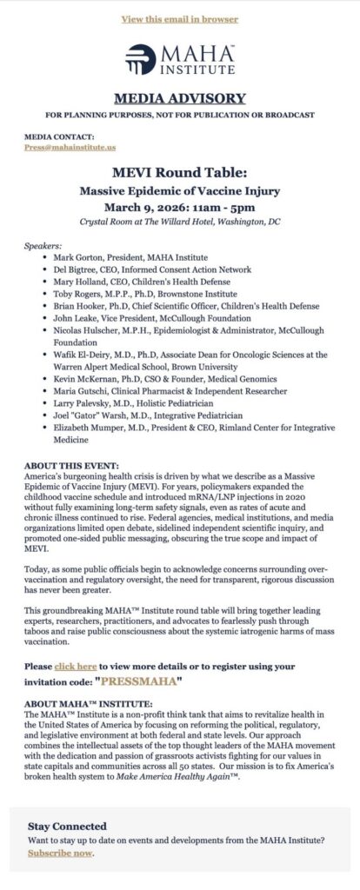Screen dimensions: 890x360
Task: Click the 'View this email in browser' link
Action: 179,18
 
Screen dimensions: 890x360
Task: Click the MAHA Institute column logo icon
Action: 142,59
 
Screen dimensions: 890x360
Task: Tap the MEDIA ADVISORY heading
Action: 180,97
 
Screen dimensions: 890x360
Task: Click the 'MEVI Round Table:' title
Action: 179,171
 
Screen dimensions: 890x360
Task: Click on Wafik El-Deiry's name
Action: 83,355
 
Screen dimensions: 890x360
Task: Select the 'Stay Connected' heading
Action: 67,826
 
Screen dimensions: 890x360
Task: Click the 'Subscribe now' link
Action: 60,853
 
